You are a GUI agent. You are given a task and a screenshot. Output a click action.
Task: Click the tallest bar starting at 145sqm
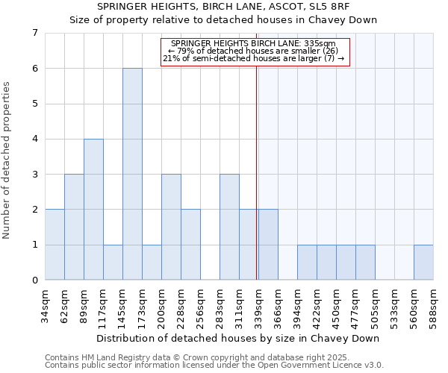132,174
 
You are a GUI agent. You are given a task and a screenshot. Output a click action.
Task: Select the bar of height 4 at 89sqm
93,209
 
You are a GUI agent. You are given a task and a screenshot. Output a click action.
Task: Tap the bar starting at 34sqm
55,245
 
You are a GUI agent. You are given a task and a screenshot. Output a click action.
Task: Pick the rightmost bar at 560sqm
423,262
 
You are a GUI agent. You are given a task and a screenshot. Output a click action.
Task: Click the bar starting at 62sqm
74,227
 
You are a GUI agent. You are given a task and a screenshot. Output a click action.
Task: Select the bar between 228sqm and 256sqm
190,245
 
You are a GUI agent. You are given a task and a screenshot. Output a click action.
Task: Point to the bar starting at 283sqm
229,227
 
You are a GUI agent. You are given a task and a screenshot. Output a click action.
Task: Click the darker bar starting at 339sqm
268,245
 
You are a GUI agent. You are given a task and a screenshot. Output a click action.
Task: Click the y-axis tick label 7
34,33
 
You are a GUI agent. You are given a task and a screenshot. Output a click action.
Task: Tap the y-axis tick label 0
34,280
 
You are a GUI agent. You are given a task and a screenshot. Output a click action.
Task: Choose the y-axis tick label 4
34,139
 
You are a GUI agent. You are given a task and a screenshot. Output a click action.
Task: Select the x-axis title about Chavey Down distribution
239,338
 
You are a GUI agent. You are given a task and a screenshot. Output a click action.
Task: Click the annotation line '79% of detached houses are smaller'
255,51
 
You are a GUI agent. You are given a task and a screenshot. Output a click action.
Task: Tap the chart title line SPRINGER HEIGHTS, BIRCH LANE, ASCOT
223,6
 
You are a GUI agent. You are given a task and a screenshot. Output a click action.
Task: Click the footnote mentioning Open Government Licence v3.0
214,366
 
